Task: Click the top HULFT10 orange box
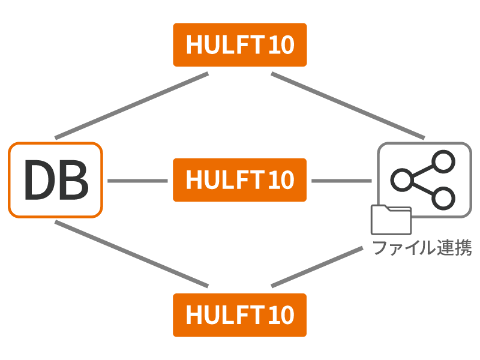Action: pos(239,45)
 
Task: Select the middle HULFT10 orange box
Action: pos(239,180)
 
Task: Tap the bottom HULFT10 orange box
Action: pos(239,315)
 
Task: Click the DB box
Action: pos(56,180)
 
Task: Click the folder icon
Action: pos(391,220)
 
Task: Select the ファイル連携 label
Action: pos(422,248)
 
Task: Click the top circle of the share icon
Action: pos(444,161)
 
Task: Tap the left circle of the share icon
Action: pos(401,179)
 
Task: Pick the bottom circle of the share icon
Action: pos(444,197)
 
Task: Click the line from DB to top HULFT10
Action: pos(131,106)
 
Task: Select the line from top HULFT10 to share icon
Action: pos(348,106)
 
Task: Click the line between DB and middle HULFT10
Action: pos(137,180)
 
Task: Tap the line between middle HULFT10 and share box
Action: pos(341,180)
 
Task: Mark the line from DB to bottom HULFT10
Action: pos(131,254)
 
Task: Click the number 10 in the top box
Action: pos(281,45)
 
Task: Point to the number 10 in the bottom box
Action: pos(281,315)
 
